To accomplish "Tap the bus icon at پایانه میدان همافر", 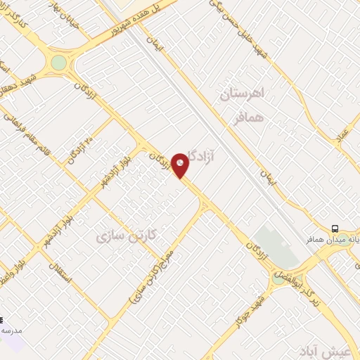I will coord(335,229).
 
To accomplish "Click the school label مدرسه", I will coord(10,330).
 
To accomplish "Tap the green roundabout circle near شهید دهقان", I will coord(58,62).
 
